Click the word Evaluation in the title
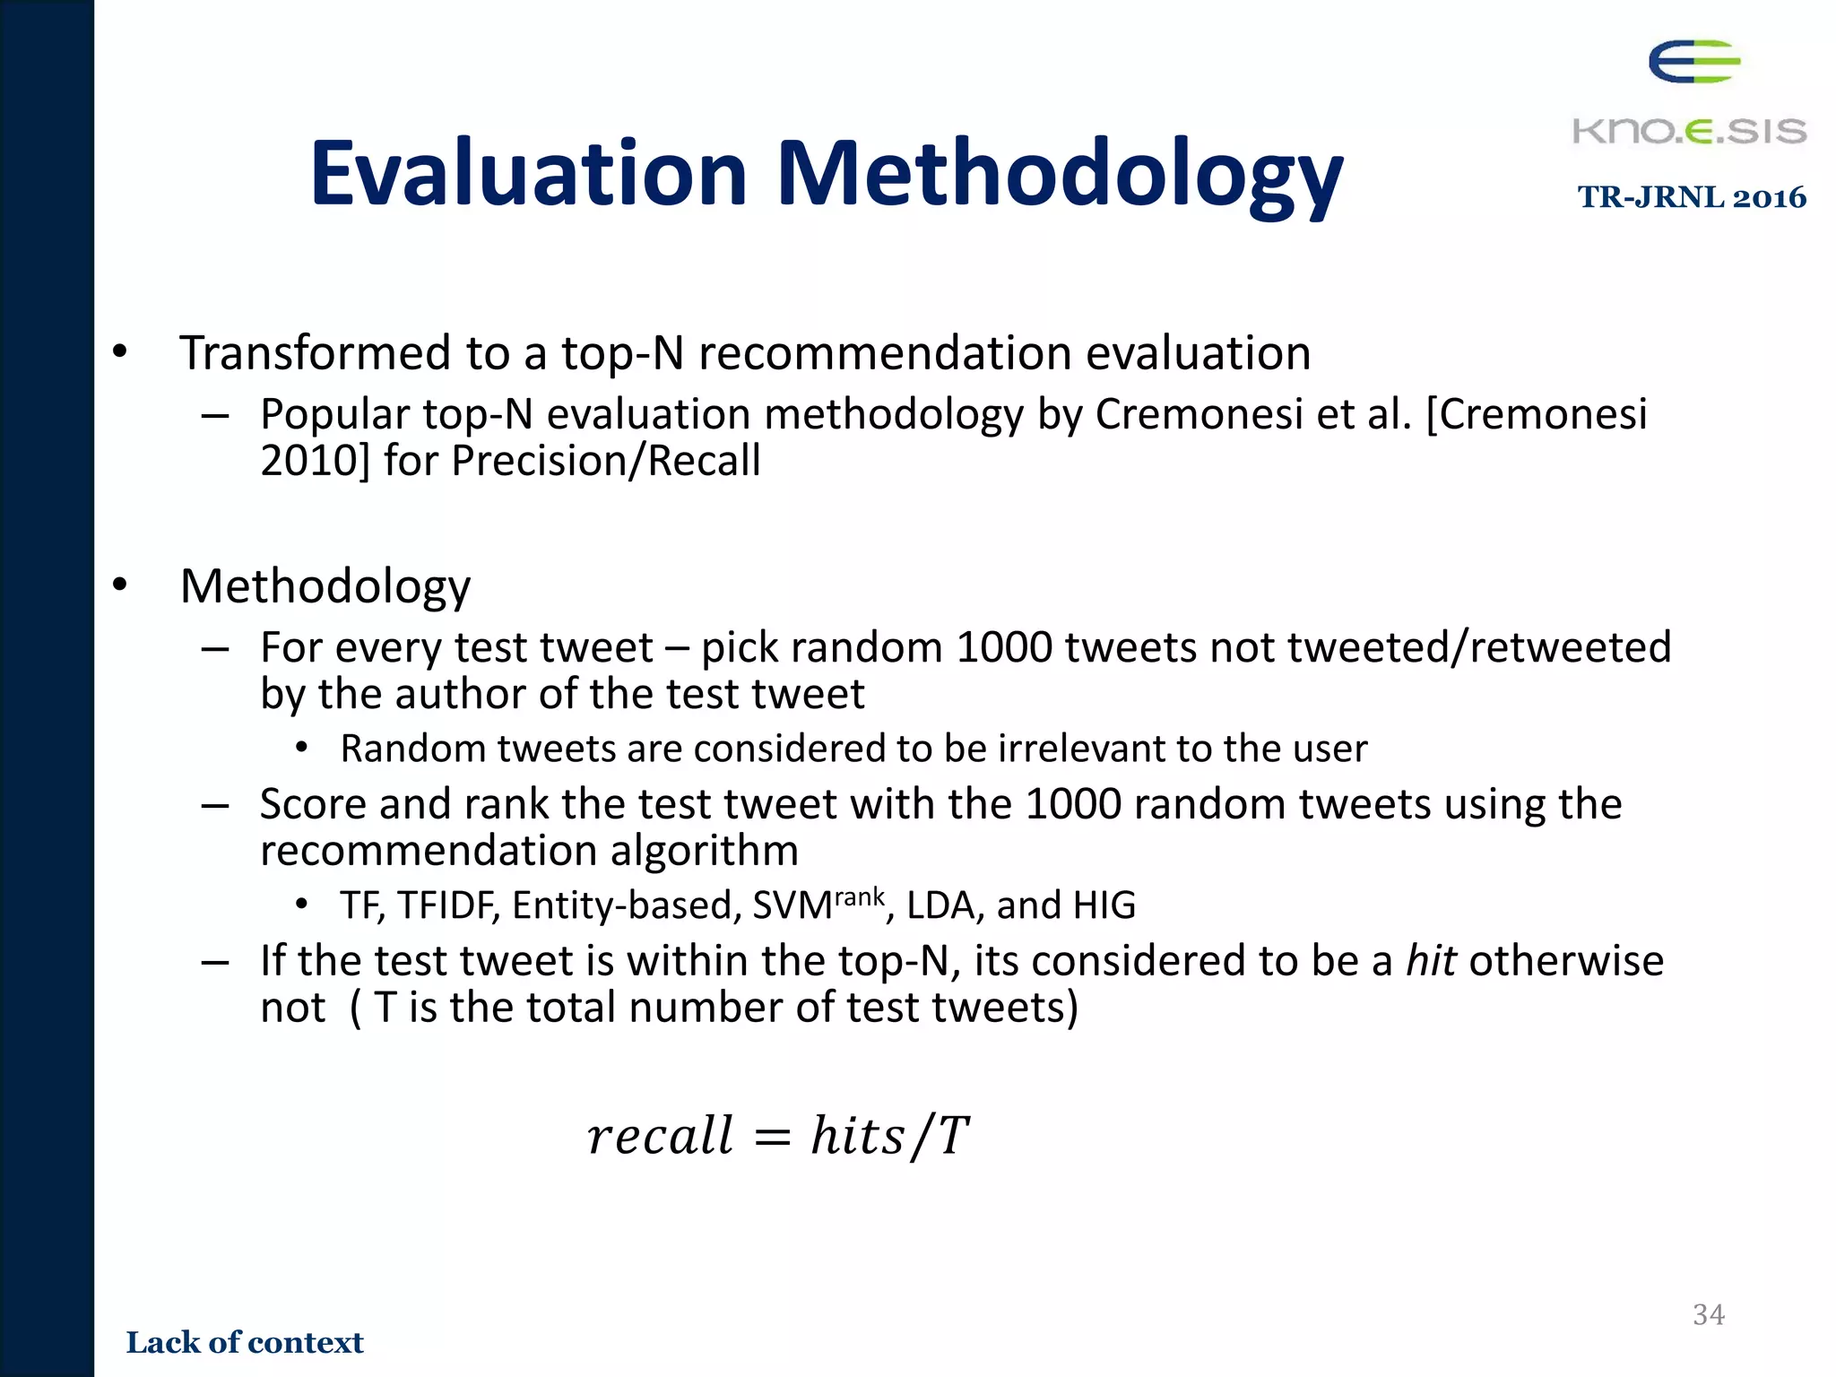coord(528,173)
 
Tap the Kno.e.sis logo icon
coord(1693,62)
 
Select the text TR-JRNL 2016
coord(1692,197)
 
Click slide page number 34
coord(1708,1314)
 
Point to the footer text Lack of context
coord(245,1342)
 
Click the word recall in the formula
coord(660,1136)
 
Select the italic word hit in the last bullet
coord(1431,961)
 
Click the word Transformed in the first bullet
coord(315,353)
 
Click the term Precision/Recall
coord(606,461)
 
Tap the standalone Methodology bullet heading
coord(325,587)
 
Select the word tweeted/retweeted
coord(1479,647)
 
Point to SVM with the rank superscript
coord(818,905)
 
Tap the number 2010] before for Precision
coord(315,461)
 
